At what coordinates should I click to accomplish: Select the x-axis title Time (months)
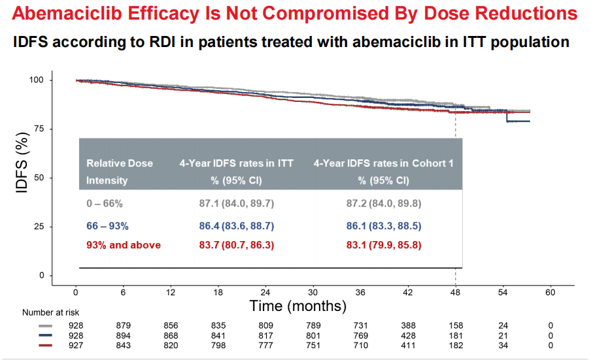click(x=297, y=305)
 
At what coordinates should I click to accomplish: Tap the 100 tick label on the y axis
click(x=37, y=80)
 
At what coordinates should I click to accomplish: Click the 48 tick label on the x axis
click(x=455, y=292)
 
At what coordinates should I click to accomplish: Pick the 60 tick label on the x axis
click(x=550, y=292)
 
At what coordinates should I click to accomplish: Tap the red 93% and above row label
click(x=124, y=245)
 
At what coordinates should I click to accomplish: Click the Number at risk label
click(x=51, y=313)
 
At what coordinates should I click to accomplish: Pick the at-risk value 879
click(x=123, y=325)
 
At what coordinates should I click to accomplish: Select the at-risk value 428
click(x=408, y=335)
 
